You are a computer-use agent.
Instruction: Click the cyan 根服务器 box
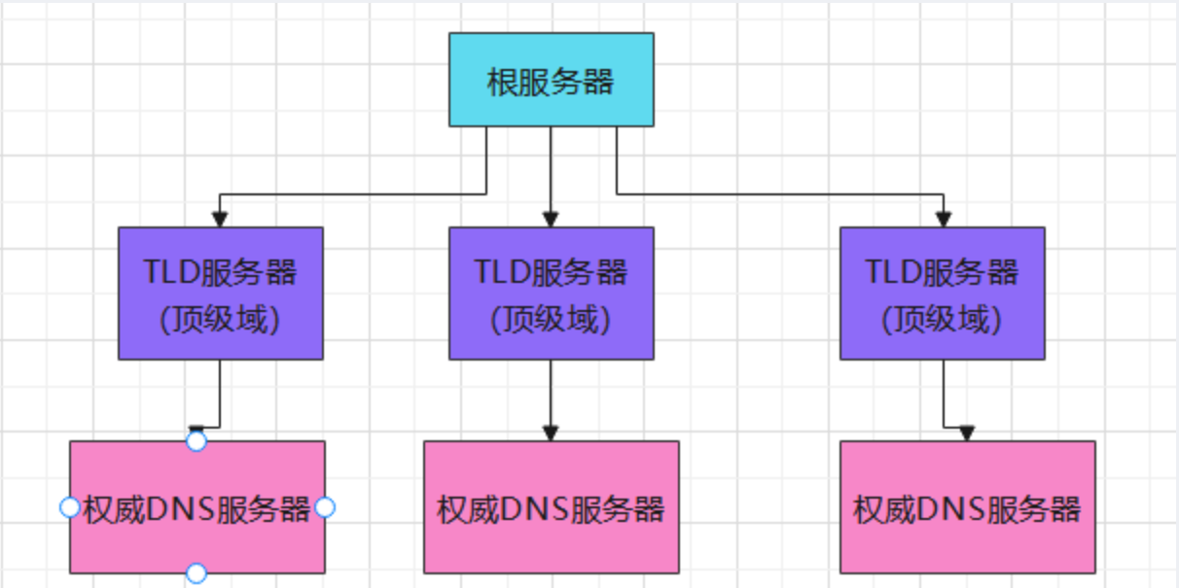click(551, 80)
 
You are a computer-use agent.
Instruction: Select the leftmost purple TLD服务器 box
click(220, 294)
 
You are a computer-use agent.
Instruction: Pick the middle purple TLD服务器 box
click(551, 294)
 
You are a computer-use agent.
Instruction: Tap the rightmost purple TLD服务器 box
click(942, 294)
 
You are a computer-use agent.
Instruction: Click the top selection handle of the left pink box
click(196, 442)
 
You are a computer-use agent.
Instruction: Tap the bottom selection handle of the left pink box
click(196, 573)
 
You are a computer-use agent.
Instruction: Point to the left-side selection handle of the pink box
click(69, 507)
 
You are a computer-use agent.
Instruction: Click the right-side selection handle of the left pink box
click(326, 507)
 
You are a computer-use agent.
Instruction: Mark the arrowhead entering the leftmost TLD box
click(220, 219)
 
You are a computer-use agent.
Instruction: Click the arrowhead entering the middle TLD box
click(551, 219)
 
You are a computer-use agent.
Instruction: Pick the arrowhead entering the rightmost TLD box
click(942, 219)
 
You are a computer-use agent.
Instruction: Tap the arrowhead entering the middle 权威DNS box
click(551, 432)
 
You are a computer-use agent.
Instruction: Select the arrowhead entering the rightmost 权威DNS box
click(966, 432)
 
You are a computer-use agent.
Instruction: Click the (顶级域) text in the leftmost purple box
click(220, 319)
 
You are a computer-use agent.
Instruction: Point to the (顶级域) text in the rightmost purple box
click(942, 319)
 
